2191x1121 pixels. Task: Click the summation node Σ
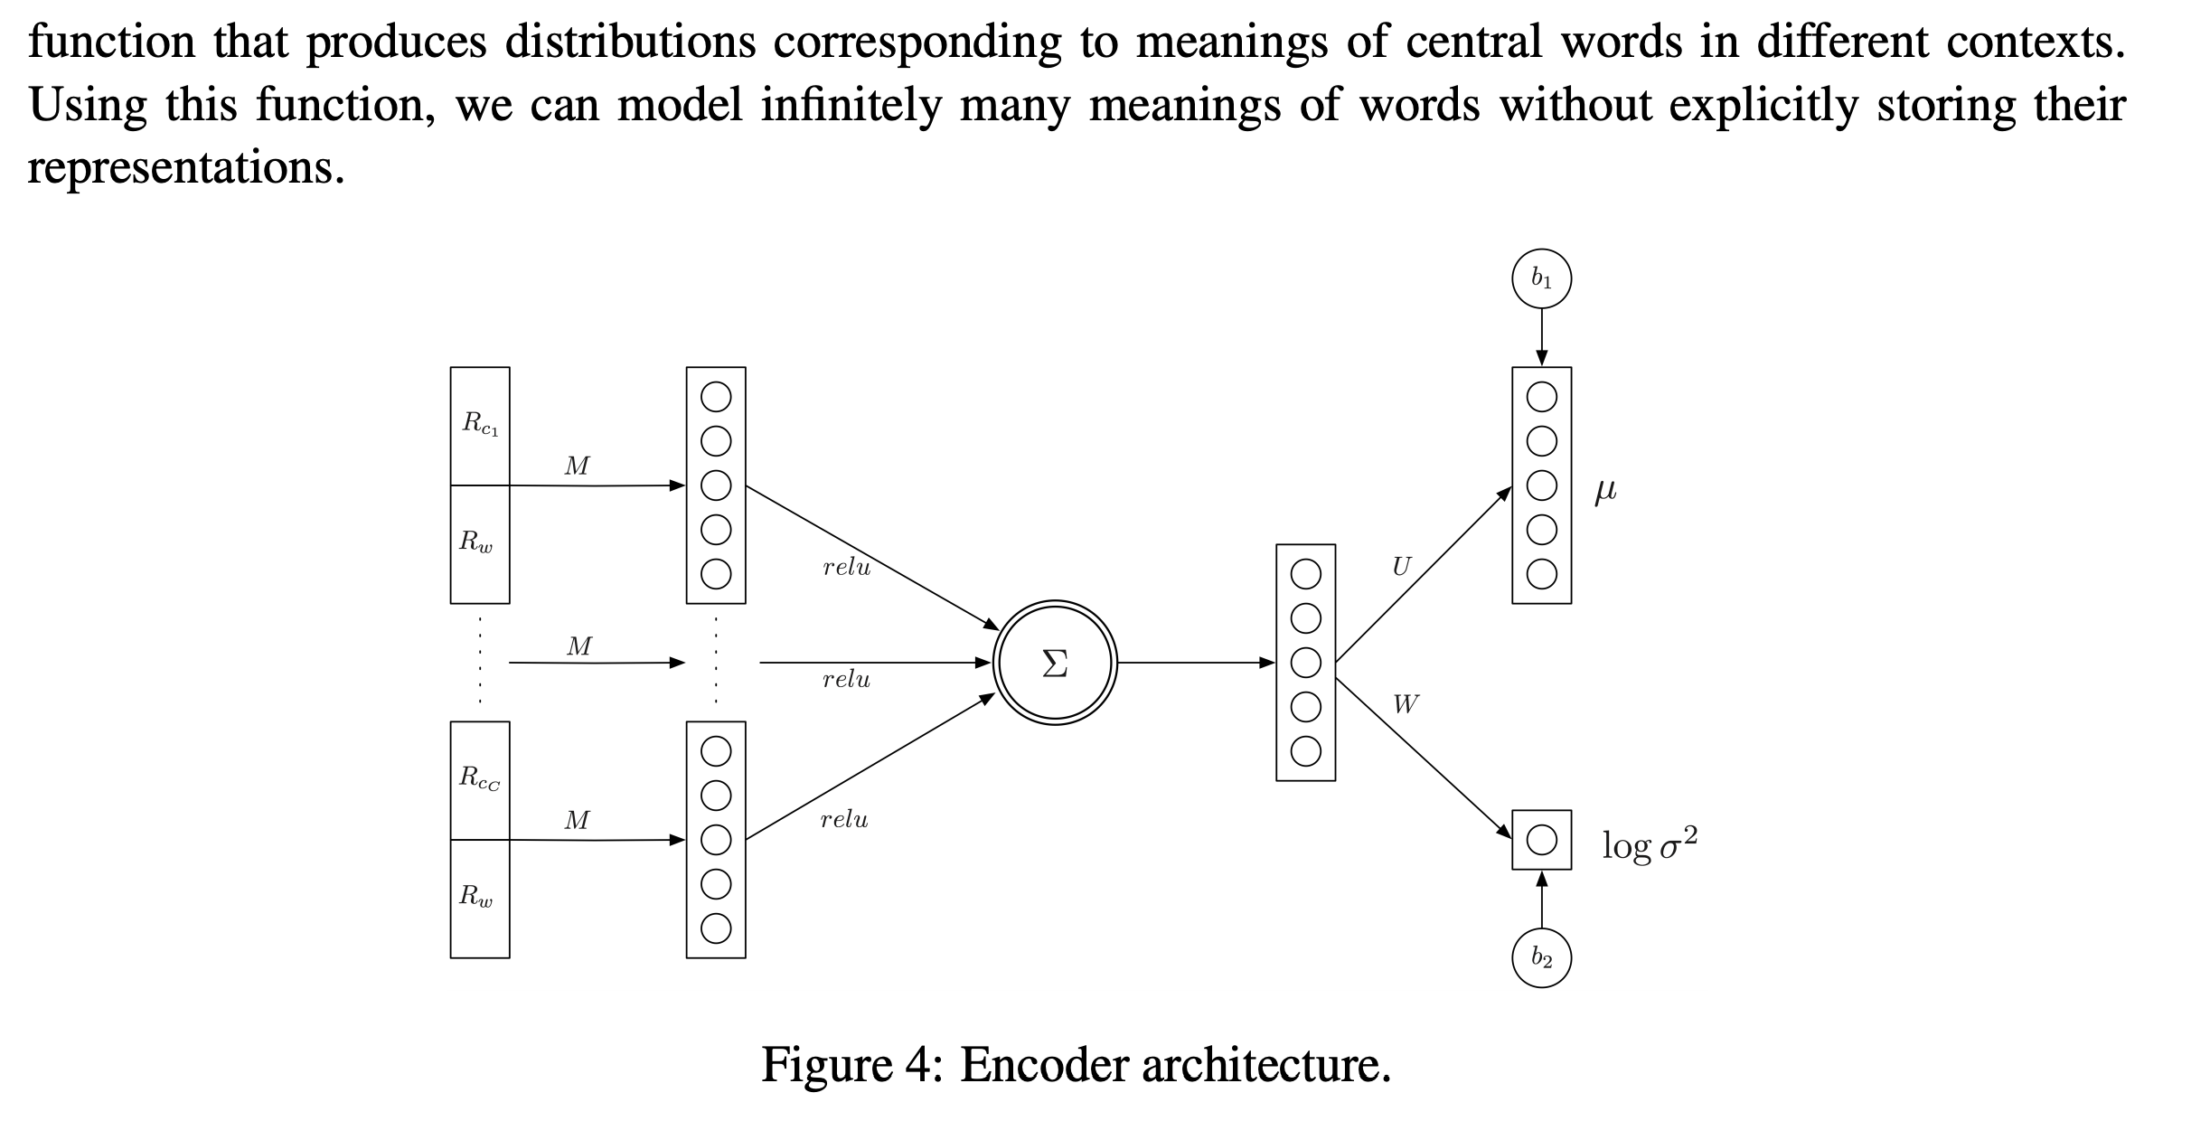point(1055,663)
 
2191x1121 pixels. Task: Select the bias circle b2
point(1541,957)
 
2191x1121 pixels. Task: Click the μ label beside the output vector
point(1605,490)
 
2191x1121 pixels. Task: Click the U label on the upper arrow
point(1401,567)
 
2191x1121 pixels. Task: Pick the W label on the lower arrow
point(1406,703)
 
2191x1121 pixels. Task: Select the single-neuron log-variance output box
point(1541,840)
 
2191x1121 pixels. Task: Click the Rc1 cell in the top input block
point(480,425)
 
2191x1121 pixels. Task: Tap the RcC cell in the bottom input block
point(480,779)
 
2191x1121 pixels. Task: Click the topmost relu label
point(846,568)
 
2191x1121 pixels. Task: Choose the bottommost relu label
point(844,820)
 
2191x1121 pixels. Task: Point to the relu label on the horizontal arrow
point(846,680)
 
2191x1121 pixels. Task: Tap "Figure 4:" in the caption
point(852,1065)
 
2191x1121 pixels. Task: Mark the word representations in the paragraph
point(185,168)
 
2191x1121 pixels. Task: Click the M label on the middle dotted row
point(579,646)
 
